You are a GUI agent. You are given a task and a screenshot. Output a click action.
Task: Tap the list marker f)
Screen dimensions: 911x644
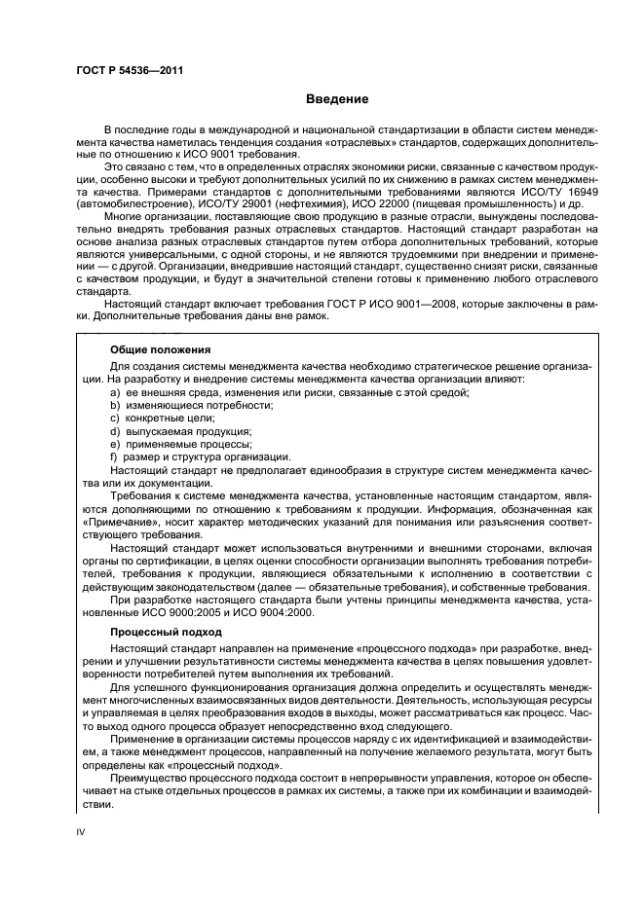(x=114, y=456)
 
